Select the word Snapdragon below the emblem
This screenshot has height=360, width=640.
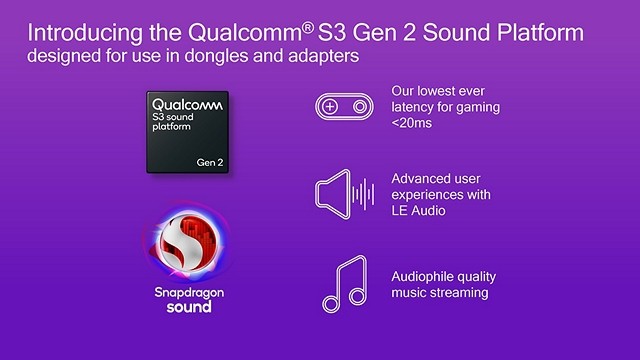pyautogui.click(x=181, y=293)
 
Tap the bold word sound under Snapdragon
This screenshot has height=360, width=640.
pyautogui.click(x=181, y=308)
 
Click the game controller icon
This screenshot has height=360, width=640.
pyautogui.click(x=344, y=107)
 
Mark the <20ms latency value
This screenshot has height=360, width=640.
pyautogui.click(x=413, y=122)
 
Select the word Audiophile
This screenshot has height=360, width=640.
pyautogui.click(x=426, y=277)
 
